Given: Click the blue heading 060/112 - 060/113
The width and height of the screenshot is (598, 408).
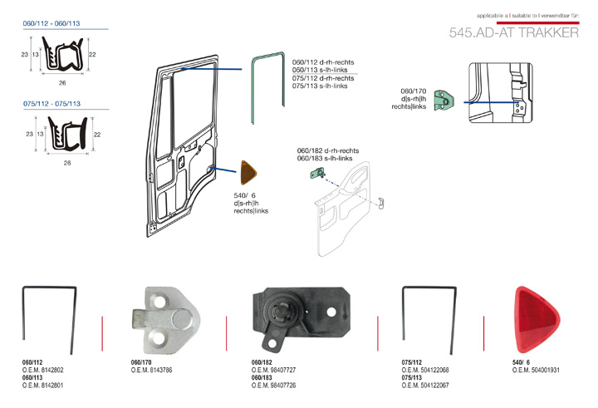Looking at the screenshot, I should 51,24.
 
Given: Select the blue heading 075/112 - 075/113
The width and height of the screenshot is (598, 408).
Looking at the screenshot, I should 51,104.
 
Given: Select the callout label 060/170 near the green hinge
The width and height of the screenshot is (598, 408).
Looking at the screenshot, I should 413,91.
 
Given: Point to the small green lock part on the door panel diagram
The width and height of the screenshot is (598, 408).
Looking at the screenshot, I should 316,173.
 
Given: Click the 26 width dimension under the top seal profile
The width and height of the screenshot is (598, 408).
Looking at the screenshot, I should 62,83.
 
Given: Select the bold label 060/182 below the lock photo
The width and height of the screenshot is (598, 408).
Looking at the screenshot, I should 262,362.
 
